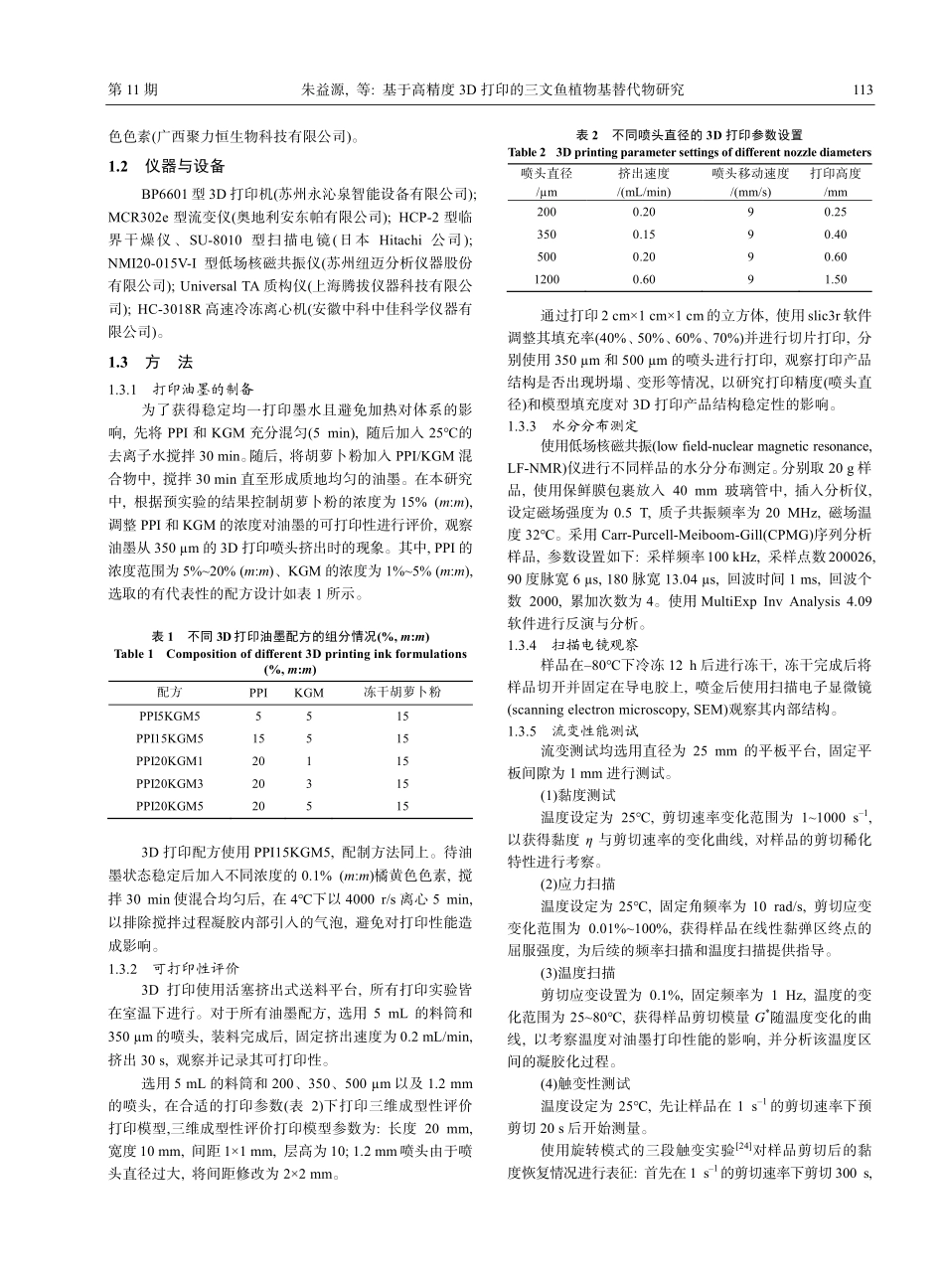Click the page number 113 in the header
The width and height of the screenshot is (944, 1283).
tap(863, 89)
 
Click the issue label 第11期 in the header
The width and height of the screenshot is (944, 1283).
tap(132, 89)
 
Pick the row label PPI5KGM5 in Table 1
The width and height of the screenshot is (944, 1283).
tap(170, 716)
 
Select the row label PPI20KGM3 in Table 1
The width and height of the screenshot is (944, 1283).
tap(170, 784)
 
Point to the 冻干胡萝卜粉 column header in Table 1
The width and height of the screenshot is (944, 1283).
tap(402, 692)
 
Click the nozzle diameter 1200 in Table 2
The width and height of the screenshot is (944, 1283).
tap(547, 280)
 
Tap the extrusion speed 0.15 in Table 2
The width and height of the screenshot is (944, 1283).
tap(644, 235)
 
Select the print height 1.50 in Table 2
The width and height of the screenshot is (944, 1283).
tap(836, 280)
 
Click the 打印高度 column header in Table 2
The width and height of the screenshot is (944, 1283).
tap(836, 173)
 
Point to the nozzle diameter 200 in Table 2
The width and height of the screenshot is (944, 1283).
tap(547, 212)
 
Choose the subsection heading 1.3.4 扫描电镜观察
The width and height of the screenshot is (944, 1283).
tap(563, 645)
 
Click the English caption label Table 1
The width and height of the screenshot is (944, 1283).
tap(136, 654)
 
